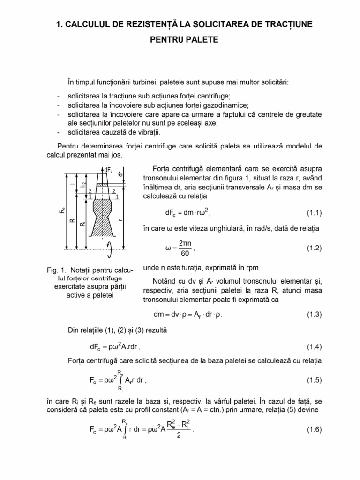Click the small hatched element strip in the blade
[x=102, y=185]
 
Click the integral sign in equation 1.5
[x=120, y=380]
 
